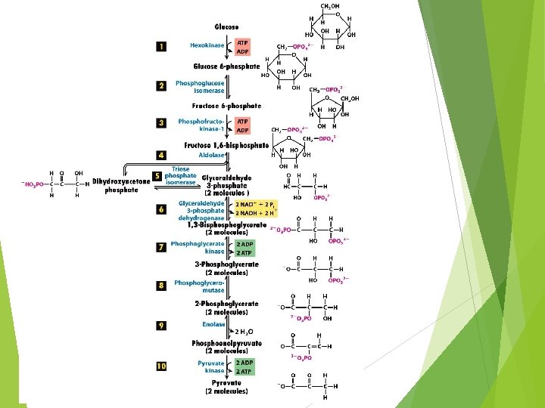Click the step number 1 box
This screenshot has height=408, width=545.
pos(161,47)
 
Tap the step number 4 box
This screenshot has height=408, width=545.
pos(161,156)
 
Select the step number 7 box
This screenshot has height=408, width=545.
pos(161,247)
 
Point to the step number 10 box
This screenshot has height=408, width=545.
pos(161,366)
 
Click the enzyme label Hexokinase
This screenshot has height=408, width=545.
pos(207,45)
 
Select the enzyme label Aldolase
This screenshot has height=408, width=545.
pos(211,155)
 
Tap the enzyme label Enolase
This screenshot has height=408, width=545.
pos(213,324)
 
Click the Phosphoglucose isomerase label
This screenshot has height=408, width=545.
pos(199,86)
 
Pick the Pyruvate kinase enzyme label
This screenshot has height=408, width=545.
pos(211,366)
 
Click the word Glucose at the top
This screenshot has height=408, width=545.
pos(226,27)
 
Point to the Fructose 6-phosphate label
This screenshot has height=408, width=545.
pos(226,106)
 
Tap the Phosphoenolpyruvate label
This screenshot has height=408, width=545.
pos(226,347)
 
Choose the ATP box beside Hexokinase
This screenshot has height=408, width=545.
pos(243,43)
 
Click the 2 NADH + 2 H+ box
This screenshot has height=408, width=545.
pos(254,213)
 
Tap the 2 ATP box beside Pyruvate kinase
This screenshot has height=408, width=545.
pos(244,372)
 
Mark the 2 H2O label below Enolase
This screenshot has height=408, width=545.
pos(243,332)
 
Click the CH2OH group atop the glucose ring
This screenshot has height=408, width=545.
pos(331,7)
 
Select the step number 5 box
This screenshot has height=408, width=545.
pos(157,176)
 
